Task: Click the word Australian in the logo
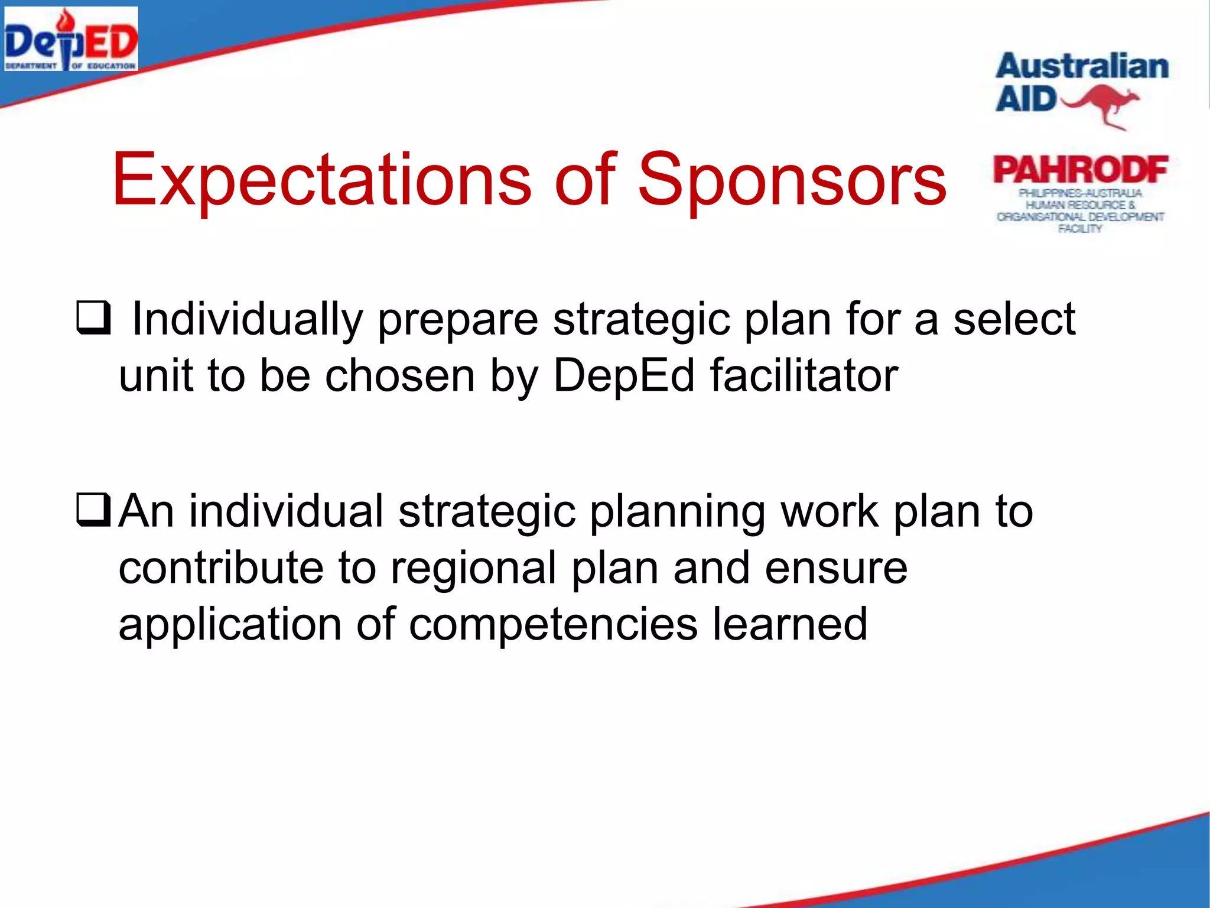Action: point(1082,66)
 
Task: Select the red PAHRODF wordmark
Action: point(1081,170)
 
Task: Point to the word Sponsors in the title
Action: point(792,180)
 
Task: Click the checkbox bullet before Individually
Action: point(93,319)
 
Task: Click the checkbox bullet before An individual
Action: point(93,511)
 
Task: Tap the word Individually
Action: point(247,320)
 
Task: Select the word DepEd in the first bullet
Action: point(624,376)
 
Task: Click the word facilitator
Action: point(804,376)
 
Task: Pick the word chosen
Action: point(400,376)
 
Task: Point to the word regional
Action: point(473,568)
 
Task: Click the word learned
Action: point(789,624)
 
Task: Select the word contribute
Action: point(221,568)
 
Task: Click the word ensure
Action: point(835,568)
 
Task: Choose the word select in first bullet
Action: point(1014,320)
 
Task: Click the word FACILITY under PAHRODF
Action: point(1080,229)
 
